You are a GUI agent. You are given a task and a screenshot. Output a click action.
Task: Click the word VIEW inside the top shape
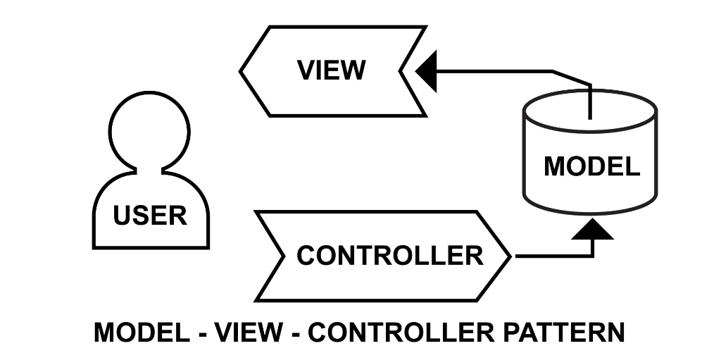point(331,70)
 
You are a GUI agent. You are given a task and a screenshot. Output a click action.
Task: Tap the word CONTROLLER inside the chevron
point(389,255)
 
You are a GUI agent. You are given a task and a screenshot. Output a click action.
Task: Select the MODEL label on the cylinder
point(591,166)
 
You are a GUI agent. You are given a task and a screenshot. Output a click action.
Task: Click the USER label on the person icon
point(150,216)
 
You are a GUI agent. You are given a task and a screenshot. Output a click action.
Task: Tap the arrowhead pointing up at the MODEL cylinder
point(592,229)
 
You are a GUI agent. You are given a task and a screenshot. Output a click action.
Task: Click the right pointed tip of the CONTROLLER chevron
point(510,256)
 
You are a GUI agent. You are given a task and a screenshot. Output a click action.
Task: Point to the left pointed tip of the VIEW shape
point(242,70)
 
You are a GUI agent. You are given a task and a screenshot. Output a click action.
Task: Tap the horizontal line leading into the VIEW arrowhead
point(493,70)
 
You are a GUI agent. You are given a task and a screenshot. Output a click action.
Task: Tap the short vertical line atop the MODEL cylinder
point(590,102)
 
